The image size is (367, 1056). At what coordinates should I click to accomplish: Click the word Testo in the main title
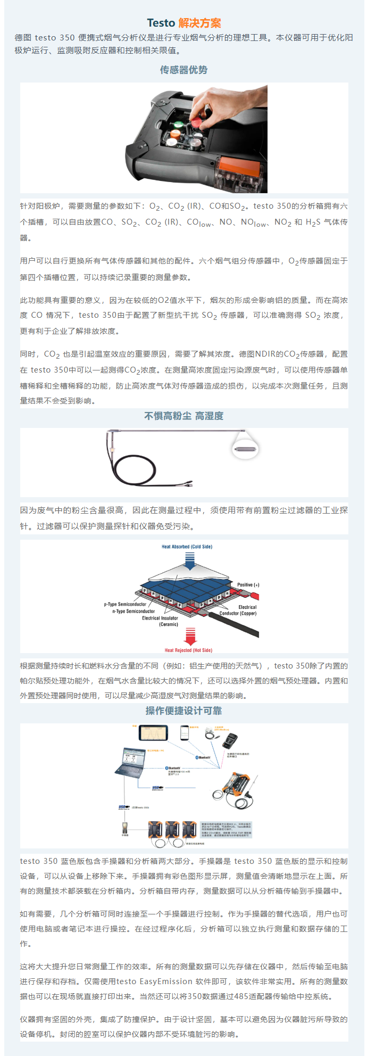point(161,23)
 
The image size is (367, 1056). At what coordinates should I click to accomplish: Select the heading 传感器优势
point(183,70)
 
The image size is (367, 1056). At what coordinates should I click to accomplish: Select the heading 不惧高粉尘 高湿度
point(183,416)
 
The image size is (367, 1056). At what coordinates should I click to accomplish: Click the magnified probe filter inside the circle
point(246,449)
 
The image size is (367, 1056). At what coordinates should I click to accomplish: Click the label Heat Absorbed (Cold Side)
point(187,547)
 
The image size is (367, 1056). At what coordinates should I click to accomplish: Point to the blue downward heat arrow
point(190,560)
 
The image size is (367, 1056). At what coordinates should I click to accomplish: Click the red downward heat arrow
point(190,636)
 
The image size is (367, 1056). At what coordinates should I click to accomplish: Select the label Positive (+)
point(248,585)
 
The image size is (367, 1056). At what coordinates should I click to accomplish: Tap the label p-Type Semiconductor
point(125,604)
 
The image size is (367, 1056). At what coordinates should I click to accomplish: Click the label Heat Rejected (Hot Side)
point(188,650)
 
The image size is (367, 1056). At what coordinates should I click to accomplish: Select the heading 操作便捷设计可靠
point(183,711)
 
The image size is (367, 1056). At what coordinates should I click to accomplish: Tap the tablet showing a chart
point(153,733)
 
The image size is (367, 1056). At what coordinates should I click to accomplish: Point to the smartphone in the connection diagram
point(185,733)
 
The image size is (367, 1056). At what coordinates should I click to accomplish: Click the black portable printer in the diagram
point(231,740)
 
